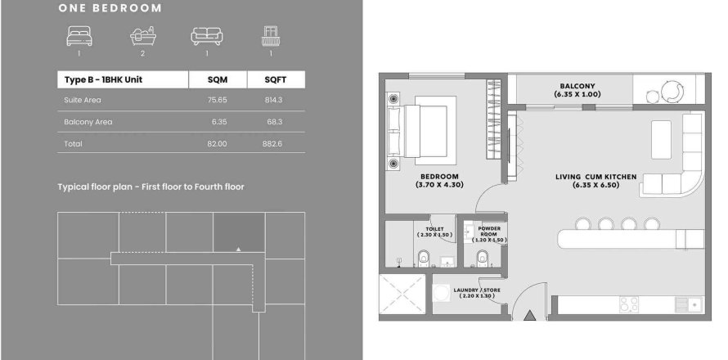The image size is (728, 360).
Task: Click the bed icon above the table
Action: click(79, 36)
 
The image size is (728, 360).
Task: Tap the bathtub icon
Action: click(142, 36)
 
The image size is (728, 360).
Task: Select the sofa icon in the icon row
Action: click(207, 36)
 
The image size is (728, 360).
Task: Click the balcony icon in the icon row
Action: click(270, 36)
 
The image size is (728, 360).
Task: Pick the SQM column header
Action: click(218, 79)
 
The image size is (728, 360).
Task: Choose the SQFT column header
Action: click(276, 79)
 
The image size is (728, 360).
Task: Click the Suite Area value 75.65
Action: click(218, 100)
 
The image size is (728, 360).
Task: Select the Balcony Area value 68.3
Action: click(275, 122)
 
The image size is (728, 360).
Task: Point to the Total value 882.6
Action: click(272, 144)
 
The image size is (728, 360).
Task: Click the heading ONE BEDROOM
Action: click(110, 8)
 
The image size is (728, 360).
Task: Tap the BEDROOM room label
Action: click(439, 177)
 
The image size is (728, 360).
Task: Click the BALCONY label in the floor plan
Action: click(577, 86)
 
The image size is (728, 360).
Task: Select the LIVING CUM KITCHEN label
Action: click(595, 177)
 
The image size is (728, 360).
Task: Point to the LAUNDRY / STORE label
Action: click(477, 290)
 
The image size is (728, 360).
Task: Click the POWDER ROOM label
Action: click(489, 232)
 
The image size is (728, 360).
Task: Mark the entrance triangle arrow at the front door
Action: click(530, 316)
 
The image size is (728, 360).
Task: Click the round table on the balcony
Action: click(672, 91)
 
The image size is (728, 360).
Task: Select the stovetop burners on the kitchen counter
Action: click(629, 304)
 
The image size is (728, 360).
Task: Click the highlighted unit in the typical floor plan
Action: click(239, 232)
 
